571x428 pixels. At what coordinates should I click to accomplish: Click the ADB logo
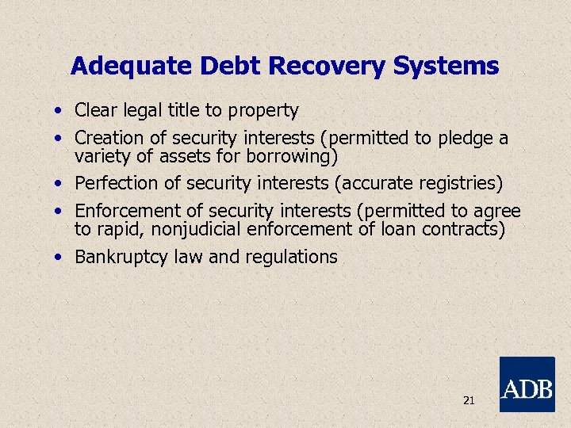click(527, 384)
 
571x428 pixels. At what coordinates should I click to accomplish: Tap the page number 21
click(468, 401)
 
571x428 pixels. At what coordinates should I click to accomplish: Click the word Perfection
click(116, 183)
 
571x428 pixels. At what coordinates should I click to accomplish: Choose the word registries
click(458, 183)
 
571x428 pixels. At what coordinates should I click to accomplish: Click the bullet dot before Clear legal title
click(59, 111)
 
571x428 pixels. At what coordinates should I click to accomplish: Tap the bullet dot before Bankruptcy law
click(59, 258)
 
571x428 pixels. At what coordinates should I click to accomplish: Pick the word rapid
click(117, 230)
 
